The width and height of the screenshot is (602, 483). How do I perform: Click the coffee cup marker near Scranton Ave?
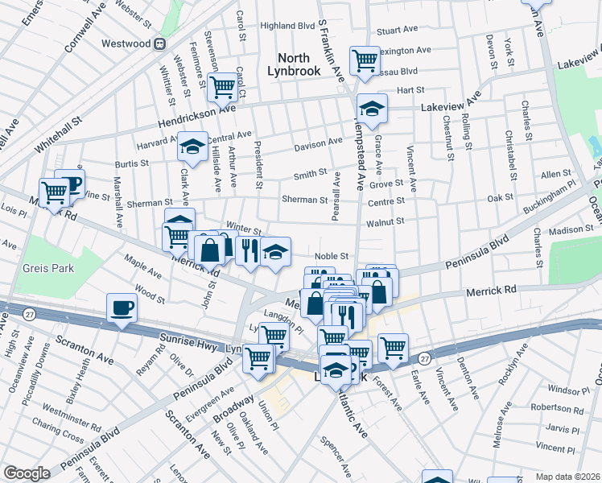point(122,308)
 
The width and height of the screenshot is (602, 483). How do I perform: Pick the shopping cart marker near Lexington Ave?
point(365,60)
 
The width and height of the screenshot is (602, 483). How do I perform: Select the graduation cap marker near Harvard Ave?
point(192,147)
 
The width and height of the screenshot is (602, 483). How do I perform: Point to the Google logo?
point(27,473)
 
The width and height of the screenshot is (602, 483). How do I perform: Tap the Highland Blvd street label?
point(287,26)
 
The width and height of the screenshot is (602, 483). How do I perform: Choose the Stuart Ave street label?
point(398,30)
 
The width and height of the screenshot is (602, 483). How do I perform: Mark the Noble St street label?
point(331,256)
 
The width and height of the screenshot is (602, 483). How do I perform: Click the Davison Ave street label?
point(318,145)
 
